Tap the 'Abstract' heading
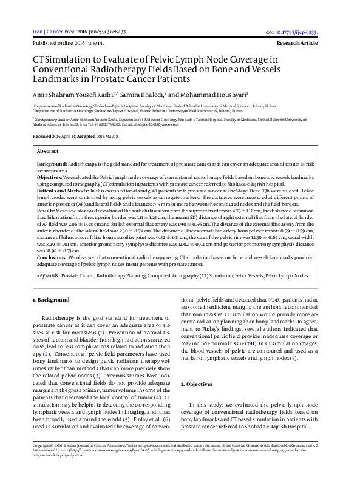(48, 150)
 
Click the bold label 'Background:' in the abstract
(52, 164)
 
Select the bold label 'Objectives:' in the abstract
(50, 176)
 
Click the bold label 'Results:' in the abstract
(47, 210)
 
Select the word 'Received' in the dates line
(41, 137)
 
